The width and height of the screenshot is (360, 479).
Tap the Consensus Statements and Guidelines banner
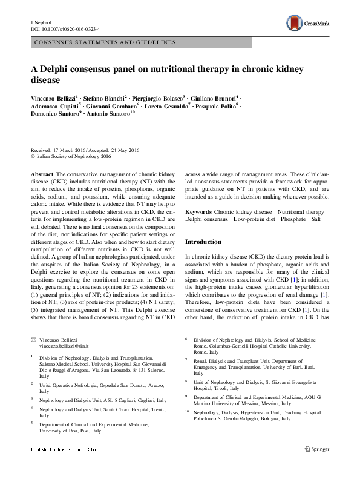[x=105, y=42]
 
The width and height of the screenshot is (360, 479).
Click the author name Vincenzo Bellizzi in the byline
[x=56, y=97]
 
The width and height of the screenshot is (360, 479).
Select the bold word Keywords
[x=198, y=213]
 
